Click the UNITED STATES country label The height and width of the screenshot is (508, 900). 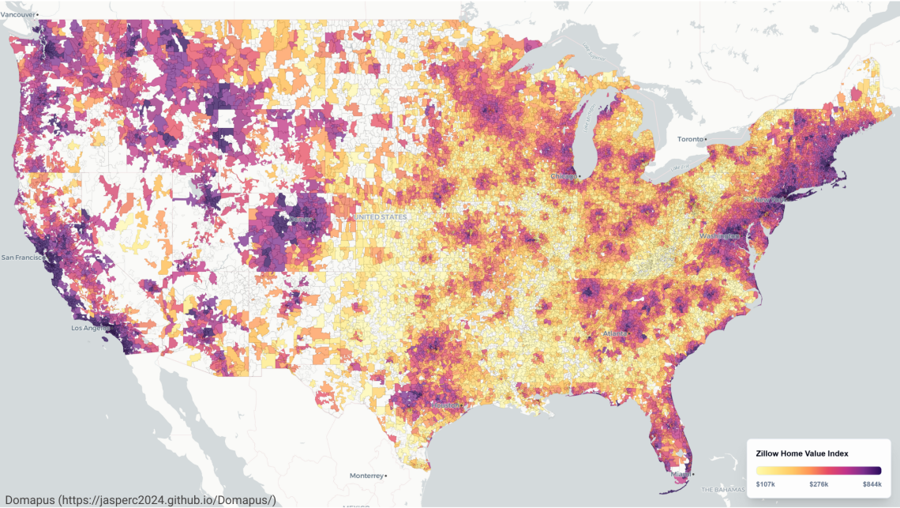pos(381,216)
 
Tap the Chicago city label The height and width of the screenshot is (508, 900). pos(564,176)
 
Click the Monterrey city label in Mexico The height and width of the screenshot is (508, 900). pos(369,476)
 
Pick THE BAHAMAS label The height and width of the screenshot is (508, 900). pos(722,490)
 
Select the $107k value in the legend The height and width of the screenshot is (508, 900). pos(764,484)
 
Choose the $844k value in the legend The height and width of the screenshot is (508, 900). pos(872,484)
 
